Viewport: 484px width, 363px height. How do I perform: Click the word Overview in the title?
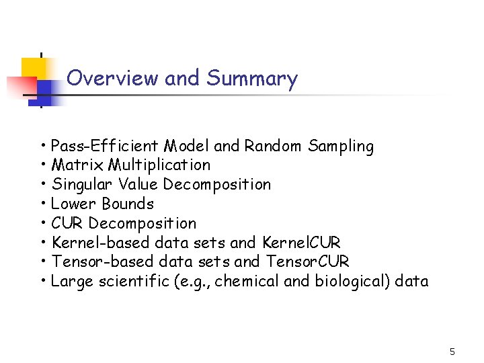point(113,79)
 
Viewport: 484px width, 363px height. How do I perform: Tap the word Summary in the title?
point(252,79)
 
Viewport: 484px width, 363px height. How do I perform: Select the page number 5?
point(452,352)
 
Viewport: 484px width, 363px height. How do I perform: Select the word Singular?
point(79,185)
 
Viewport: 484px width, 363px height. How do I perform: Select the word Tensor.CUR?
point(308,262)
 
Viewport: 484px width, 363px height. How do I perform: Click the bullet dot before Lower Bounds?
point(43,204)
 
